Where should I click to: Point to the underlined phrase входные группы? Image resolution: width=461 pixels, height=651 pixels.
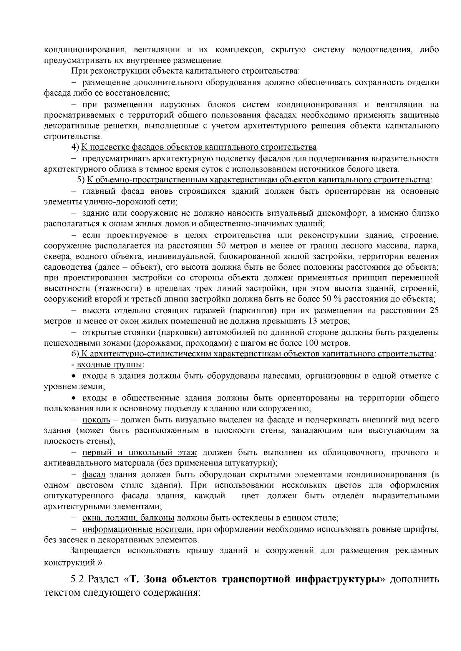click(110, 364)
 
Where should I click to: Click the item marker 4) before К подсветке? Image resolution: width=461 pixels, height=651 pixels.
click(75, 147)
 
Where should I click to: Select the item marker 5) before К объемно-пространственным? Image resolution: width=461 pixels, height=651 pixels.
click(81, 180)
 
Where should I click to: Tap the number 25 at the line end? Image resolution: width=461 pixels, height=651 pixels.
click(434, 310)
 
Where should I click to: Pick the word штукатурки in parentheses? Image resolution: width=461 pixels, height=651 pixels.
click(254, 463)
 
